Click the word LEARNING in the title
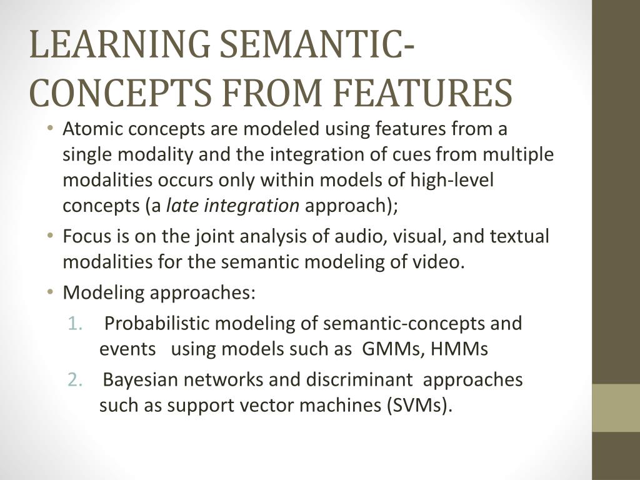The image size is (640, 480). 117,46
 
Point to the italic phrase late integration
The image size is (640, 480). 232,206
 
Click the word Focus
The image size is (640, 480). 85,237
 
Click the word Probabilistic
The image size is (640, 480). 165,324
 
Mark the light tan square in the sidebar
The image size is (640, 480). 616,407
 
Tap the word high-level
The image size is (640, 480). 451,181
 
